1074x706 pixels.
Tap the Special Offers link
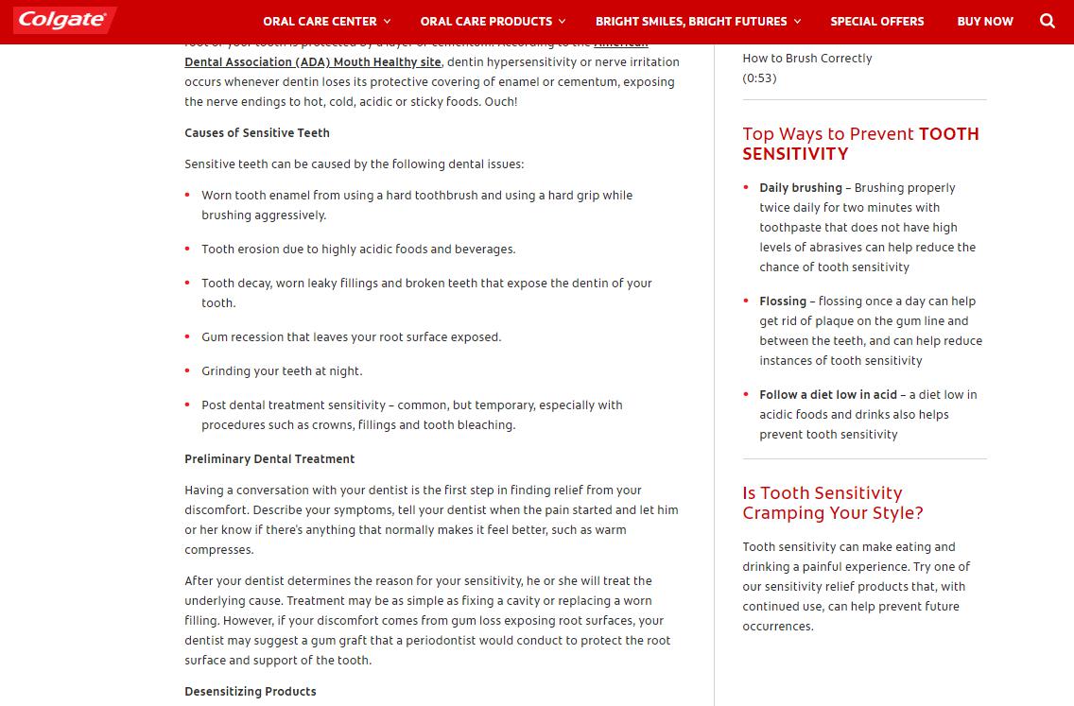876,21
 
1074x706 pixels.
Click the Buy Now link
984,21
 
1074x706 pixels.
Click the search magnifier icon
1047,21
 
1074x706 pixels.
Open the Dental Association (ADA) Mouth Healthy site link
313,62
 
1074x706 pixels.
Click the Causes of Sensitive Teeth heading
257,133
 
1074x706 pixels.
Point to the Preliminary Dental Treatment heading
269,459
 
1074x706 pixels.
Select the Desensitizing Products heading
251,692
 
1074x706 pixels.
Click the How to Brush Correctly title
806,59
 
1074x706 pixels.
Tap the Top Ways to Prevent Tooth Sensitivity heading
860,144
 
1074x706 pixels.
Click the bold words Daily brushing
801,188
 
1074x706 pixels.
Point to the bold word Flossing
783,301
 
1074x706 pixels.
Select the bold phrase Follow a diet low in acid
828,395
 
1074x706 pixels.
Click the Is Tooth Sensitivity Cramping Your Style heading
832,503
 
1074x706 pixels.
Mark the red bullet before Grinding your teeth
189,371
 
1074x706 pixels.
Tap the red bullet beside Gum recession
189,337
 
